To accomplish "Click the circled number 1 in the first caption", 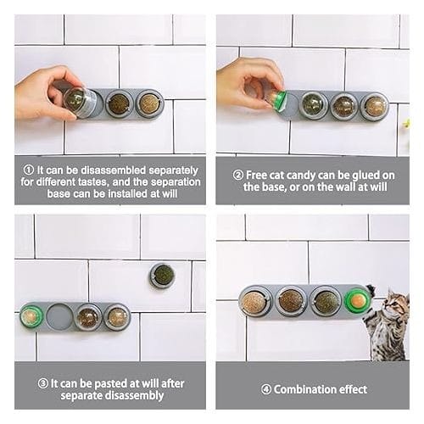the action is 29,170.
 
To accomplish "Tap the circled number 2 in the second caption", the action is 238,176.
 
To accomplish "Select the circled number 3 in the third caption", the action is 43,383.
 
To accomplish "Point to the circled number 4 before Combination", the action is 266,389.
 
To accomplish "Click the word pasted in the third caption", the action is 108,383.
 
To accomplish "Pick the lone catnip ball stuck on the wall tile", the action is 162,276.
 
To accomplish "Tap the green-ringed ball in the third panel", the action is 31,316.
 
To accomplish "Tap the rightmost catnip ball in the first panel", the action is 149,103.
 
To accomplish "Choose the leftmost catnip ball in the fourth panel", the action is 254,301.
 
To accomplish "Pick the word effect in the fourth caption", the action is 353,389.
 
